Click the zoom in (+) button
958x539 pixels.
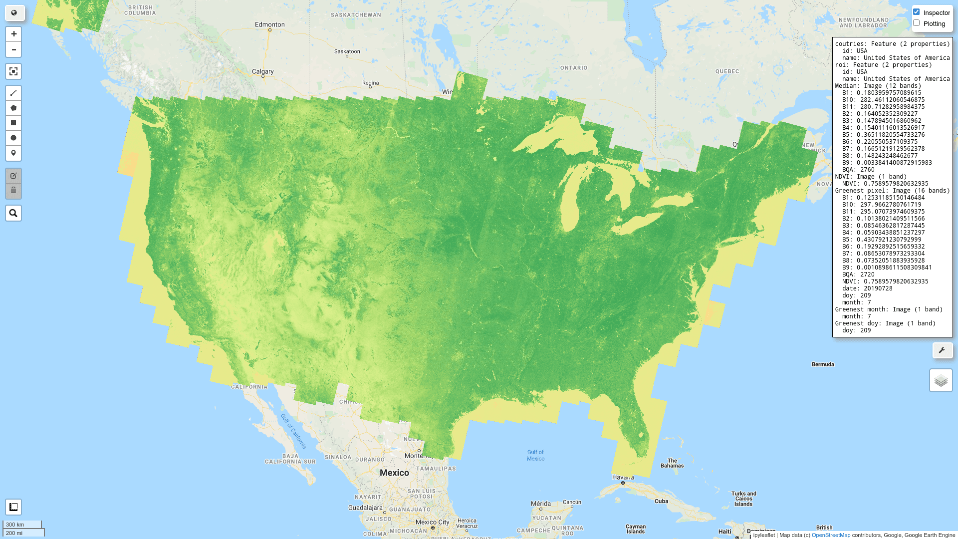[x=13, y=34]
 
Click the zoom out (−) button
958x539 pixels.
[x=13, y=49]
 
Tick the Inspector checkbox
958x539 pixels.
[x=916, y=12]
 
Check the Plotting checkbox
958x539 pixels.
[x=916, y=23]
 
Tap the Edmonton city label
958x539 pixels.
[x=269, y=24]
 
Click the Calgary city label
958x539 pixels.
[x=262, y=71]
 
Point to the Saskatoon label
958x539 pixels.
[x=347, y=51]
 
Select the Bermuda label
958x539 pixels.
[x=823, y=364]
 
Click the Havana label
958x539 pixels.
[x=623, y=477]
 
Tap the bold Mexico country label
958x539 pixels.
[x=394, y=473]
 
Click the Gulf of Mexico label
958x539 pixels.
[x=536, y=455]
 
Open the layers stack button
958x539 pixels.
[x=941, y=380]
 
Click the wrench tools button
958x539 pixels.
[x=942, y=350]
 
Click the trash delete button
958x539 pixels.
[x=13, y=190]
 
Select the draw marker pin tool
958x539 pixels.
[x=13, y=153]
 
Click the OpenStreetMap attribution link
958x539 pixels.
[x=831, y=535]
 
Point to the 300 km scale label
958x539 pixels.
[x=15, y=525]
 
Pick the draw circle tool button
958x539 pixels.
[x=13, y=138]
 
